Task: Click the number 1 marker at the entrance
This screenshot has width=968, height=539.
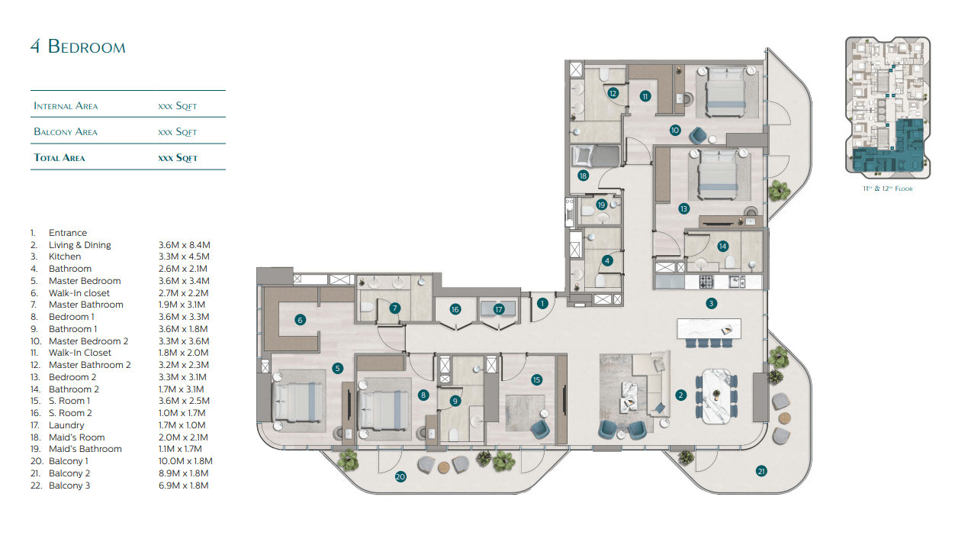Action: pos(542,304)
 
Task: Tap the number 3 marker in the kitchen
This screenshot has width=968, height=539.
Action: pos(711,303)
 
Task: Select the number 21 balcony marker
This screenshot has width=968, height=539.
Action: pos(761,471)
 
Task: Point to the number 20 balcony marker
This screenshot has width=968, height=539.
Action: pos(400,476)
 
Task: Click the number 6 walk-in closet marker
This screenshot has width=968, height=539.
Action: pos(301,320)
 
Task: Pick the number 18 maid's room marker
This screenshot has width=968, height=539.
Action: pos(584,176)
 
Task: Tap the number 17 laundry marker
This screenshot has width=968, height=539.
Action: pos(499,309)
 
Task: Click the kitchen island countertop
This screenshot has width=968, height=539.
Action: pos(709,329)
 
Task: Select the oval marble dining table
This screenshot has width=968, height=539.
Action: pos(716,395)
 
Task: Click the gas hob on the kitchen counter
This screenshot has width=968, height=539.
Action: pos(706,282)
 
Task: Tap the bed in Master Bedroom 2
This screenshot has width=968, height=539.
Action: pos(726,92)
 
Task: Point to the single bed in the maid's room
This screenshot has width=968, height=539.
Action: pos(596,157)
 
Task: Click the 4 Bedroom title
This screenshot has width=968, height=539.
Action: pos(78,47)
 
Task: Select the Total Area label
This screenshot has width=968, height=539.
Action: pos(59,157)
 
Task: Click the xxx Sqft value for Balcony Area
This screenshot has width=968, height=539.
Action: pos(178,132)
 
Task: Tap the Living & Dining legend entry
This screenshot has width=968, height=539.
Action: pos(80,245)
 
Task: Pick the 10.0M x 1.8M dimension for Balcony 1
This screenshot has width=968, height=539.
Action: pos(185,461)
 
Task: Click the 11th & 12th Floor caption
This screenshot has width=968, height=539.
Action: pos(888,189)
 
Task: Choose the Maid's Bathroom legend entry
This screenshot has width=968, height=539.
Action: pos(85,449)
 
